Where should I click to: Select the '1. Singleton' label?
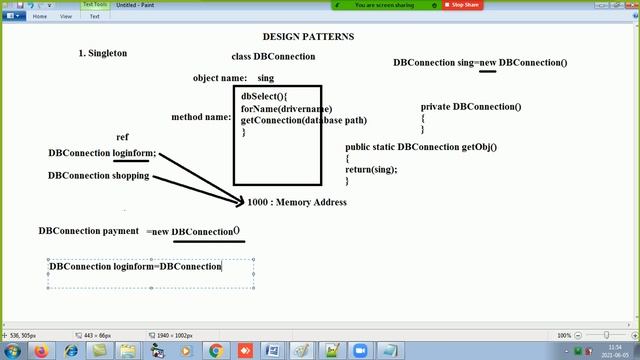click(x=102, y=53)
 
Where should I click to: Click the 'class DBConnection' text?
click(x=273, y=57)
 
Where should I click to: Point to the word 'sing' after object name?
click(x=265, y=78)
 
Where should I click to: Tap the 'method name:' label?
click(x=201, y=117)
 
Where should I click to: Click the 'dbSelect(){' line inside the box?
click(x=263, y=97)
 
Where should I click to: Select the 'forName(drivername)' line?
click(x=286, y=109)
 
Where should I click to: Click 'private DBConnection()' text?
click(x=471, y=106)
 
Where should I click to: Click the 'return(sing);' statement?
click(x=371, y=169)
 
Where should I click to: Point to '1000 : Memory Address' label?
click(x=297, y=202)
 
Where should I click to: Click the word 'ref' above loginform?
click(x=122, y=137)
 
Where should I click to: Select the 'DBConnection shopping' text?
click(x=98, y=175)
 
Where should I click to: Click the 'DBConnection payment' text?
click(x=88, y=231)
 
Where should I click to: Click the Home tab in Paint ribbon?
click(x=40, y=16)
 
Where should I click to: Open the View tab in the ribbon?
click(x=66, y=16)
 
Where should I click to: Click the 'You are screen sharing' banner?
click(x=394, y=5)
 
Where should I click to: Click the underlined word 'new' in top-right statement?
click(x=488, y=63)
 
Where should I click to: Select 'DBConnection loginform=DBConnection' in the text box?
click(x=135, y=267)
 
